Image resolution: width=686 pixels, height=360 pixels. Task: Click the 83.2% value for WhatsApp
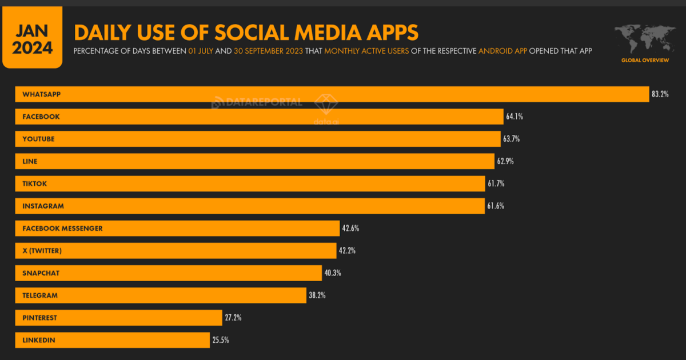pyautogui.click(x=660, y=94)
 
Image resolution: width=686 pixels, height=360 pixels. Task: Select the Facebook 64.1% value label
pyautogui.click(x=514, y=117)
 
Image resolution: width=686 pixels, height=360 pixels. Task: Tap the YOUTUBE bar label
pyautogui.click(x=38, y=139)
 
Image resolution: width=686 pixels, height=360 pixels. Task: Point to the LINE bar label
pyautogui.click(x=30, y=161)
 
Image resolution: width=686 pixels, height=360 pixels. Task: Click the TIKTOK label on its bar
pyautogui.click(x=34, y=183)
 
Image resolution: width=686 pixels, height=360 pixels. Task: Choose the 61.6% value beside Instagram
pyautogui.click(x=496, y=206)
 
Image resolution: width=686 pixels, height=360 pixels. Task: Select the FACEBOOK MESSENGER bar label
pyautogui.click(x=62, y=228)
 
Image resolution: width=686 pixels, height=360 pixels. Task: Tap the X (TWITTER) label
pyautogui.click(x=42, y=250)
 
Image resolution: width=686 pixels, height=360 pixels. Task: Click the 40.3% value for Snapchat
pyautogui.click(x=332, y=273)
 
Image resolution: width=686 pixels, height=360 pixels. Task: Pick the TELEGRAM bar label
pyautogui.click(x=40, y=295)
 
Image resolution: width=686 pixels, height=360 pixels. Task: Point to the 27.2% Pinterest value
pyautogui.click(x=233, y=318)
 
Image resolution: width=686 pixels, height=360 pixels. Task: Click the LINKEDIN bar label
pyautogui.click(x=39, y=340)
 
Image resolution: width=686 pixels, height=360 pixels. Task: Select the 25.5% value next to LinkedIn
pyautogui.click(x=221, y=340)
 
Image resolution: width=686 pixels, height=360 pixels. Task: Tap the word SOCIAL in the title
pyautogui.click(x=220, y=32)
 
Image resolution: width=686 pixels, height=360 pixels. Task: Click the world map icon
pyautogui.click(x=644, y=39)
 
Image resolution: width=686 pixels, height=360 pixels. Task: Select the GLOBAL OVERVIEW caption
pyautogui.click(x=644, y=60)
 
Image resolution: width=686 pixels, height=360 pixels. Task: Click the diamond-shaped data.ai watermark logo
pyautogui.click(x=327, y=103)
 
